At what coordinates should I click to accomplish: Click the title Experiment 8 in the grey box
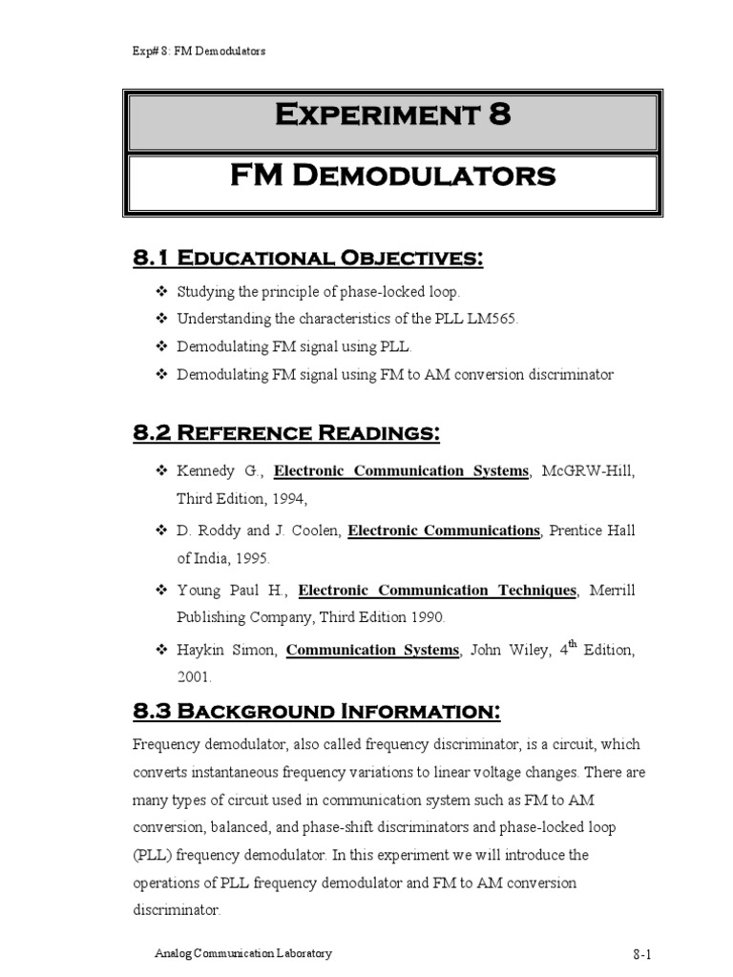click(393, 116)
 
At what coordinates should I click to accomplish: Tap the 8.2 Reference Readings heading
click(285, 434)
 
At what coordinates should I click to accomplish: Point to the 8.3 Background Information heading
click(315, 712)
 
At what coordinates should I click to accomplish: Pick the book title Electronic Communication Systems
click(401, 471)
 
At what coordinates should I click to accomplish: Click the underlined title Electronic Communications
click(444, 530)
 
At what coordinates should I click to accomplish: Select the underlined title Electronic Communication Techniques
click(437, 591)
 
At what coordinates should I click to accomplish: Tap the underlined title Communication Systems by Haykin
click(372, 651)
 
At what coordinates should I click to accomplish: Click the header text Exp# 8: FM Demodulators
click(199, 51)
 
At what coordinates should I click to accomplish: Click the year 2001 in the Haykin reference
click(194, 677)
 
